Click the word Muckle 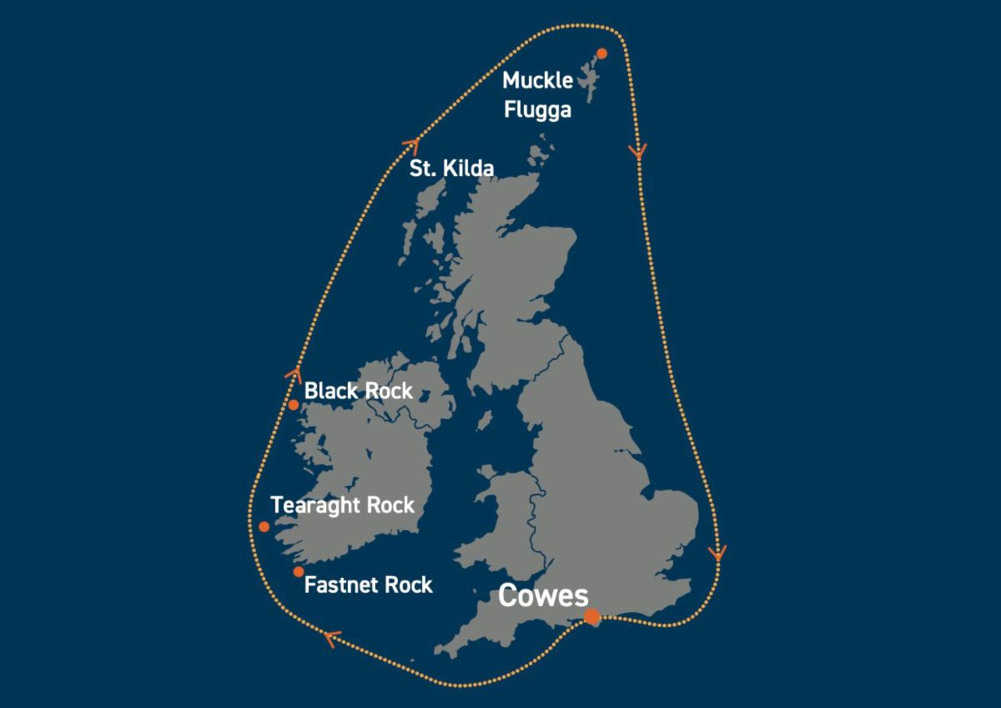click(x=537, y=81)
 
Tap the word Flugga click(x=537, y=109)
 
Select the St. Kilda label click(x=451, y=169)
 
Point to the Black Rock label click(x=358, y=391)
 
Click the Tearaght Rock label click(x=342, y=505)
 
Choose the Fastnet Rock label click(x=368, y=584)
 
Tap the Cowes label click(x=543, y=596)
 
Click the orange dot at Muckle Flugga click(x=602, y=53)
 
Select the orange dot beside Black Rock click(x=294, y=405)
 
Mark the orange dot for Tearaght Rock click(x=264, y=527)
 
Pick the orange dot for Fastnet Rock click(x=299, y=572)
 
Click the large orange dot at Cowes click(x=591, y=617)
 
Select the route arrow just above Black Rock click(x=293, y=375)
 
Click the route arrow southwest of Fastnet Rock click(x=330, y=639)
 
